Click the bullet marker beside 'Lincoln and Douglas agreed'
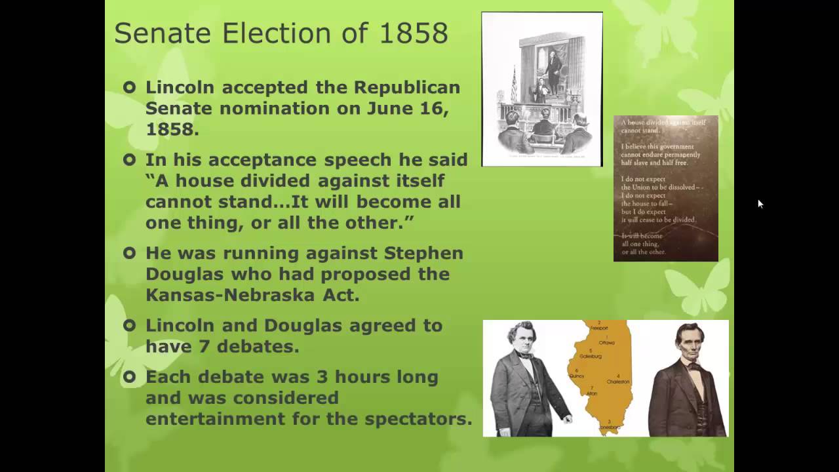click(x=129, y=325)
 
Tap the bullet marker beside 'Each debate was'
click(x=129, y=376)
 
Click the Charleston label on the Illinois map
click(x=618, y=381)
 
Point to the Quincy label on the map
click(x=577, y=376)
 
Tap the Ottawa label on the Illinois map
click(x=606, y=342)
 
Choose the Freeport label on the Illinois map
click(x=599, y=328)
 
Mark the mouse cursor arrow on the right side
click(x=760, y=203)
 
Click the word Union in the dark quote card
click(x=644, y=187)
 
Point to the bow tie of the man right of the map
click(x=692, y=368)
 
